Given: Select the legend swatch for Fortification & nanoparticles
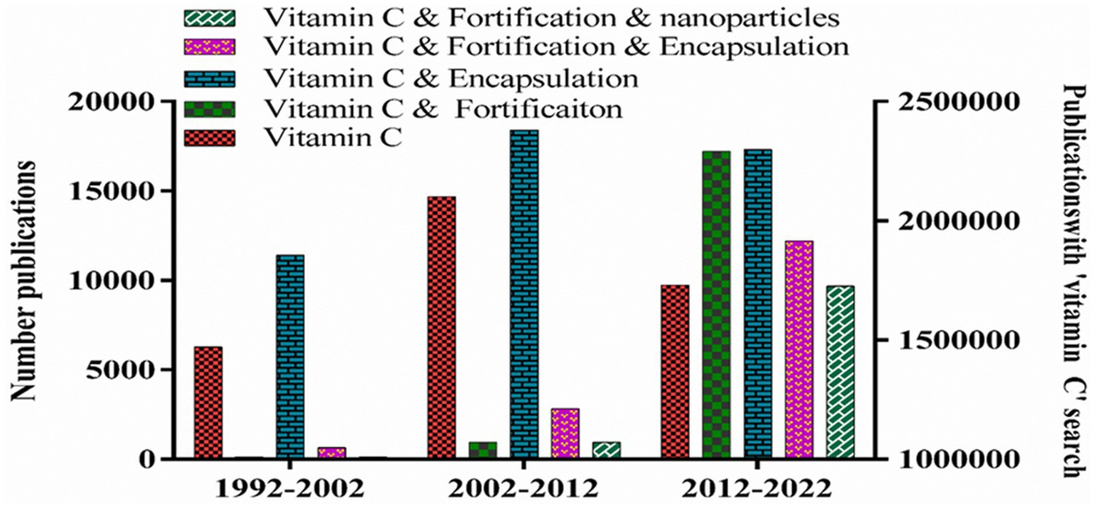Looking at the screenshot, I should (210, 16).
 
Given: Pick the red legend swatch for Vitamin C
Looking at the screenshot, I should (210, 139).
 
